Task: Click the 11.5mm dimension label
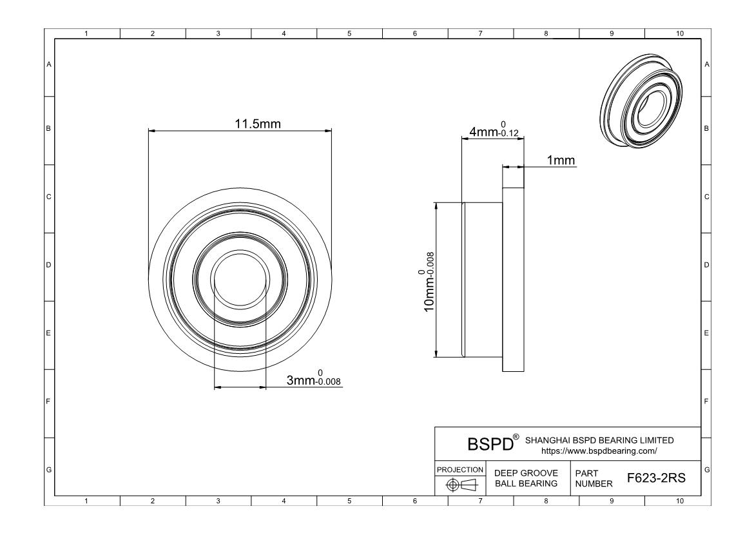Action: point(257,124)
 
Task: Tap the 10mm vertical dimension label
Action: point(427,282)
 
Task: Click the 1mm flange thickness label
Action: point(561,160)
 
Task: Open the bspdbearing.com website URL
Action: point(599,451)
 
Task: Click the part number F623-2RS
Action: point(657,478)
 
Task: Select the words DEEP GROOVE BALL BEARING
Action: point(526,478)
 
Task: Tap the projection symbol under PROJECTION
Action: point(461,485)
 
